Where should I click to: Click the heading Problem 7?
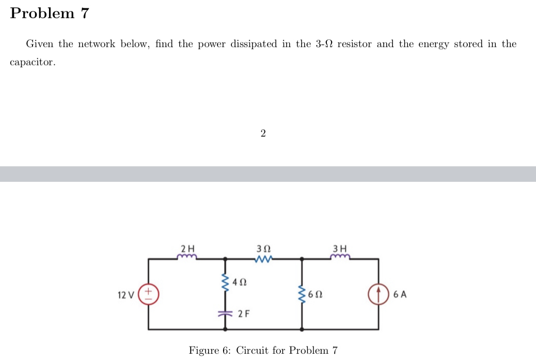50,13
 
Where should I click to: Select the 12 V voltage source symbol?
149,295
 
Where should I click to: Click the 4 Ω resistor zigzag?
225,283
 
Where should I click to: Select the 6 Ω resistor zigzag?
302,295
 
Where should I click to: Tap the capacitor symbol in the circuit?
225,313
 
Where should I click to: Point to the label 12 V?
125,295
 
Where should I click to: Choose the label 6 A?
400,295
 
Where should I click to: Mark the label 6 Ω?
316,295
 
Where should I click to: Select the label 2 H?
187,246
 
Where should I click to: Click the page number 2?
263,134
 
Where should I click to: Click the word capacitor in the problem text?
31,62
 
